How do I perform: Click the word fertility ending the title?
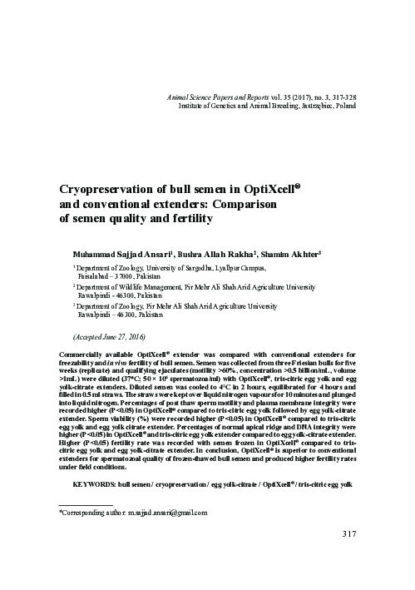click(x=195, y=219)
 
